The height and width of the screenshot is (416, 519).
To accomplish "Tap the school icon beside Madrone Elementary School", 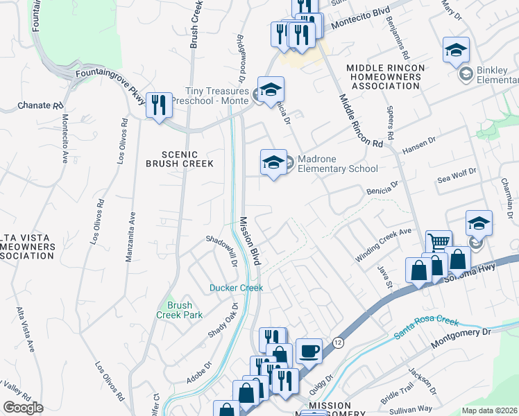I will (273, 163).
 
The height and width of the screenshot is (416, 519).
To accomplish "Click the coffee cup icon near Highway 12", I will (309, 352).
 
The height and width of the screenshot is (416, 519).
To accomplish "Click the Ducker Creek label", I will (237, 287).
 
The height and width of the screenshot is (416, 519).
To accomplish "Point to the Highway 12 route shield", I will (338, 343).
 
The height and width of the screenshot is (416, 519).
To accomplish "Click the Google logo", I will (23, 408).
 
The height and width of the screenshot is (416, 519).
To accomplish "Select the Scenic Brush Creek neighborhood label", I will (171, 159).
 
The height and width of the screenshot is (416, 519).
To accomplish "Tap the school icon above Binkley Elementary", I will (456, 50).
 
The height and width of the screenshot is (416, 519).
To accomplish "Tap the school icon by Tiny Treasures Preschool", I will (271, 89).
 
